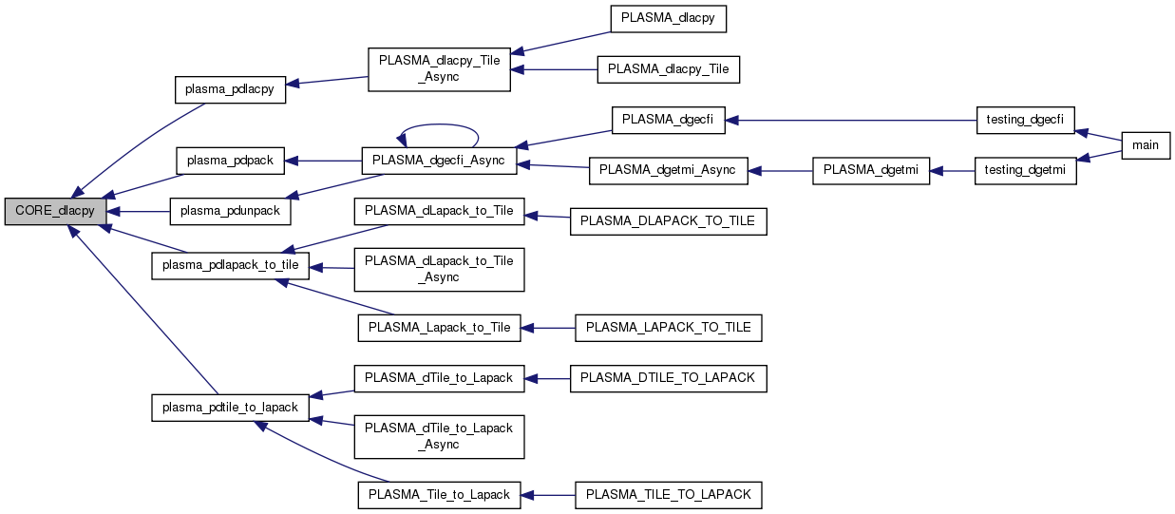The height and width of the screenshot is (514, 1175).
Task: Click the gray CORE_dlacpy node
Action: pos(54,211)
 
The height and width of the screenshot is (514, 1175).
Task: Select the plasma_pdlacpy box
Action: pos(230,89)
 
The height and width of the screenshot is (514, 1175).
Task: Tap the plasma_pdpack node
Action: pos(230,161)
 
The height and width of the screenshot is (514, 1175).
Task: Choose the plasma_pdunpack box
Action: pos(230,211)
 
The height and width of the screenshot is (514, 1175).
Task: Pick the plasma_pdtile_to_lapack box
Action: pos(231,408)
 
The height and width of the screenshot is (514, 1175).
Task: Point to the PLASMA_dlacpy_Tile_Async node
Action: pos(439,67)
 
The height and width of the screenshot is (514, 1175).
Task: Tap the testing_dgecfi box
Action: pos(1026,121)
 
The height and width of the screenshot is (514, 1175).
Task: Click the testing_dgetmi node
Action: pos(1026,171)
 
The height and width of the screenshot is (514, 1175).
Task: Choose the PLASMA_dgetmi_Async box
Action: pos(669,171)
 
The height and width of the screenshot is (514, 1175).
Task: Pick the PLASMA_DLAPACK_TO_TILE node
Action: pos(667,221)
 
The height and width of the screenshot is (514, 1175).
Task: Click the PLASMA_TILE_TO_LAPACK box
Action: pos(669,495)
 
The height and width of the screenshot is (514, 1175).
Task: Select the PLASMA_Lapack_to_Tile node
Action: pos(439,328)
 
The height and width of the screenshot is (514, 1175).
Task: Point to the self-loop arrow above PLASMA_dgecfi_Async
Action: pos(437,124)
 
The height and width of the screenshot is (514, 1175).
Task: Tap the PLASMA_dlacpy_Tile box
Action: pos(668,69)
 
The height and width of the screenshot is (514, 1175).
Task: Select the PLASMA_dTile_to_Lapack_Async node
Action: pos(439,436)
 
